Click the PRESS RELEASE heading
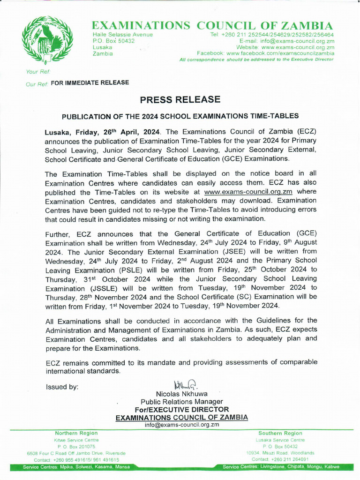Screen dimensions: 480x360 [x=180, y=99]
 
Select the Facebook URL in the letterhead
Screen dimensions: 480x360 [x=280, y=53]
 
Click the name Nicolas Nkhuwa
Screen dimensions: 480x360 [x=181, y=394]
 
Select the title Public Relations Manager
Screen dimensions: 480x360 [x=181, y=402]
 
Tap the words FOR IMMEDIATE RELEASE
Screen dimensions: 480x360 [x=90, y=82]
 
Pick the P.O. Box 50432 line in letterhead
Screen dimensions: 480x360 [x=114, y=41]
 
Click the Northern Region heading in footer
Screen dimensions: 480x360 [x=76, y=433]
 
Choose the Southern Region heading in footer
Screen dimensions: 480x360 [x=280, y=433]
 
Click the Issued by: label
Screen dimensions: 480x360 [x=62, y=387]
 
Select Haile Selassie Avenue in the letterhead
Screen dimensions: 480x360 [x=123, y=35]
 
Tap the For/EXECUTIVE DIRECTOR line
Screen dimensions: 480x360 [x=181, y=409]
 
